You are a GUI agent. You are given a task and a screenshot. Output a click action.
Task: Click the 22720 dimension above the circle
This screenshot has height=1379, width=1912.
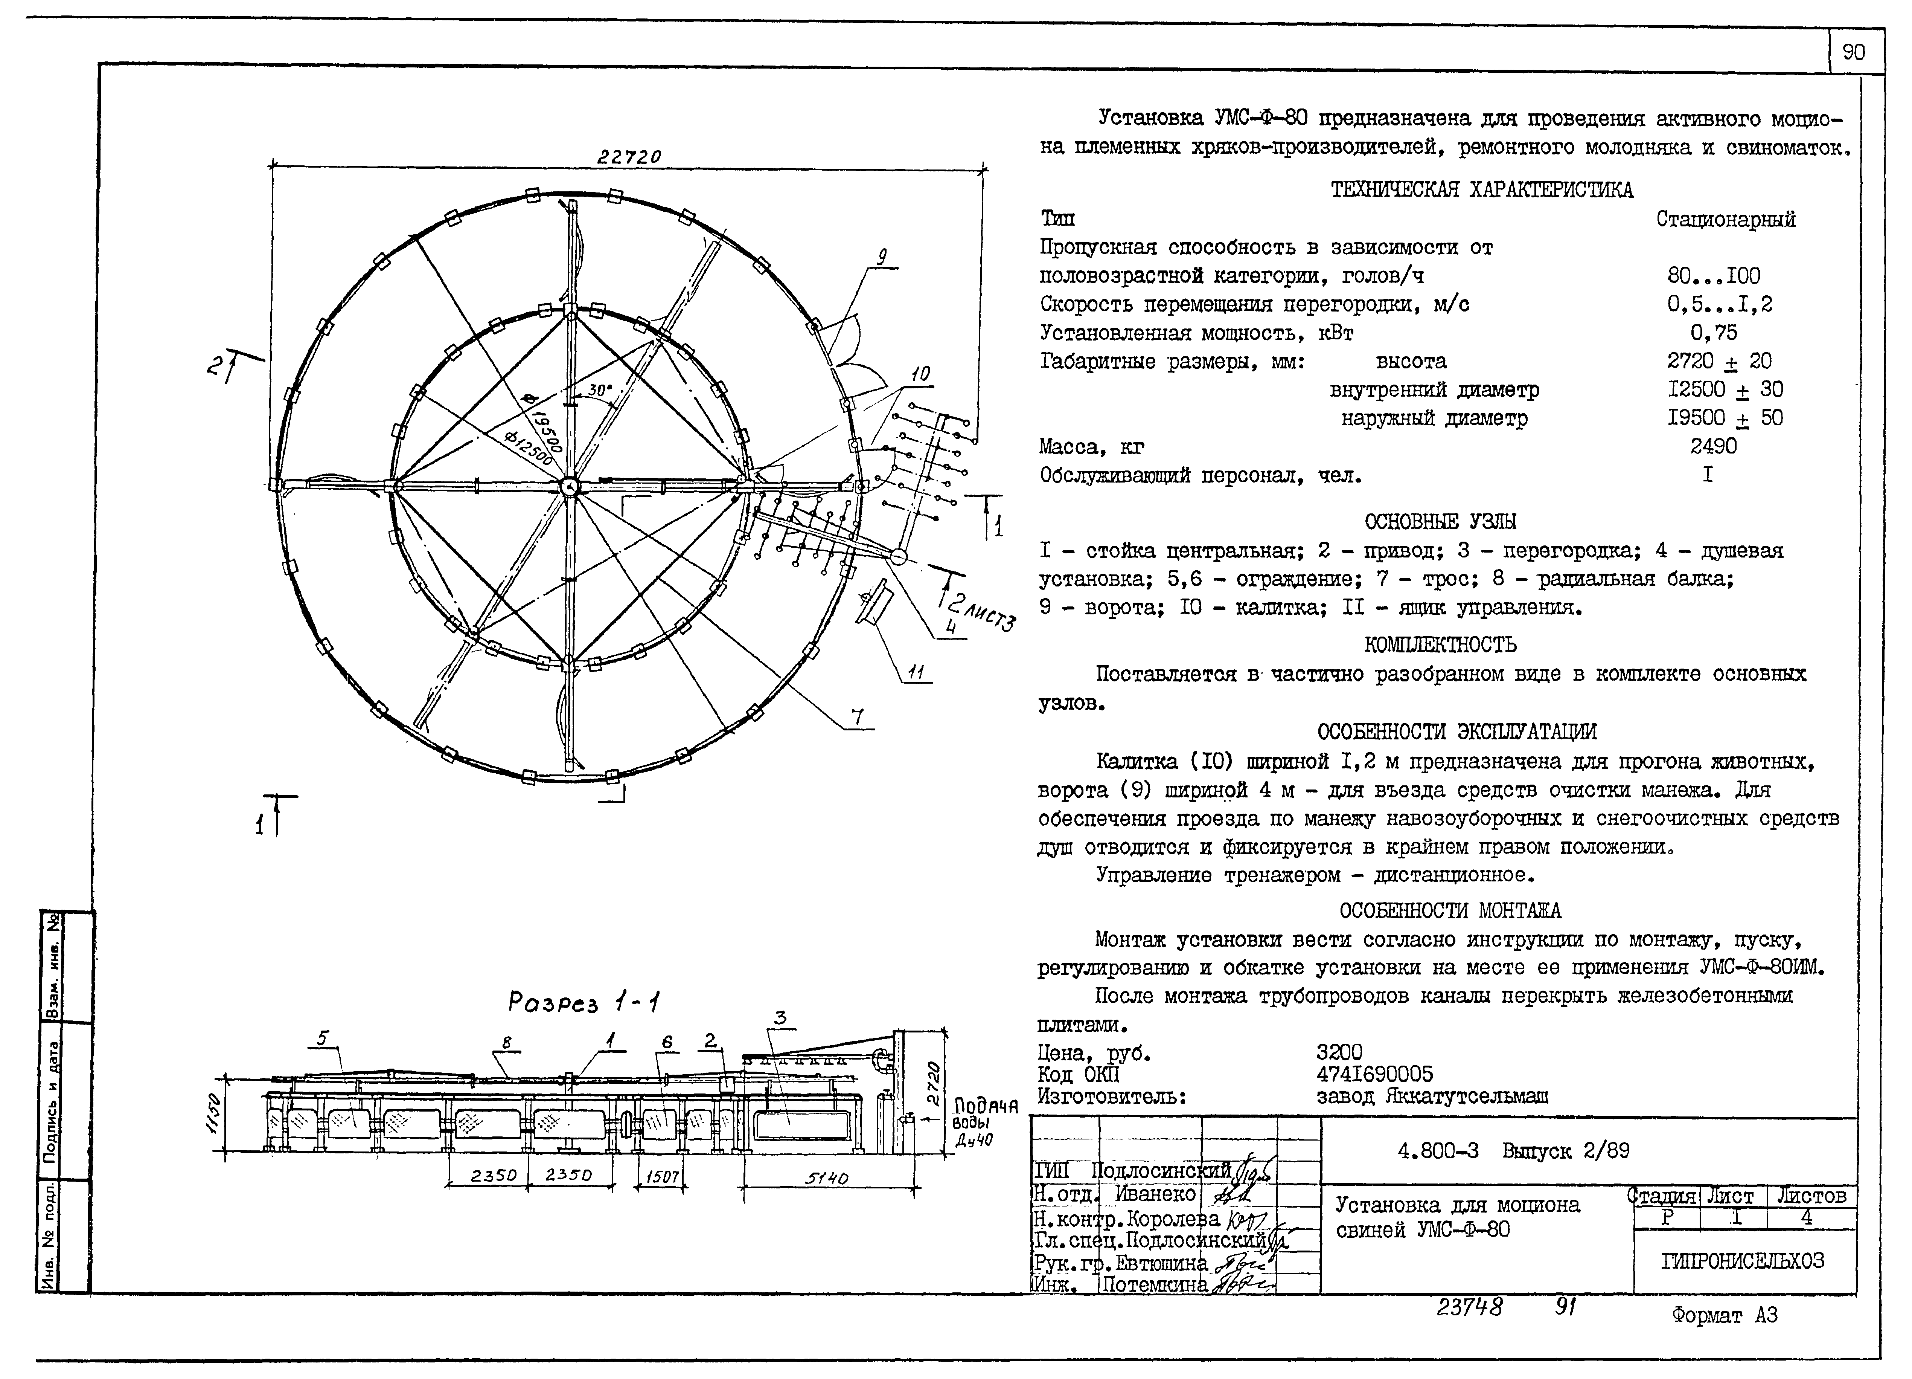coord(629,157)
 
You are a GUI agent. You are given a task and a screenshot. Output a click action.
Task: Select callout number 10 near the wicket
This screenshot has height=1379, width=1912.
coord(920,374)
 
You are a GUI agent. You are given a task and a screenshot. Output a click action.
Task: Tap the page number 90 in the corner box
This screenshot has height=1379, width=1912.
coord(1854,52)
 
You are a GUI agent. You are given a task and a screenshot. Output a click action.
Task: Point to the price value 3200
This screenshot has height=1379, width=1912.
coord(1339,1052)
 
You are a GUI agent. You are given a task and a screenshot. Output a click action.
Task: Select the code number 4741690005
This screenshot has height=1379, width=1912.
coord(1374,1074)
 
